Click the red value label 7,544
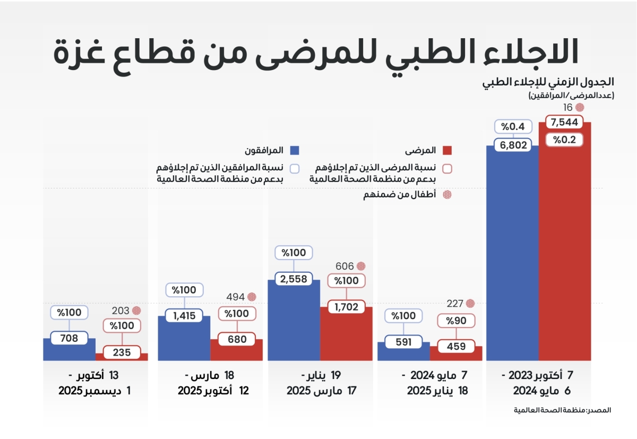[x=565, y=122]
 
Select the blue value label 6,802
[x=513, y=145]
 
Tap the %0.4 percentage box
[x=513, y=127]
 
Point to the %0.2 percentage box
[x=565, y=140]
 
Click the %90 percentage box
[x=456, y=321]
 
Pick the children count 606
[x=346, y=265]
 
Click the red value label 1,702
[x=347, y=306]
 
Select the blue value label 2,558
[x=294, y=279]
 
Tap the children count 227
[x=455, y=304]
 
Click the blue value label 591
[x=403, y=342]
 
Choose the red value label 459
[x=456, y=346]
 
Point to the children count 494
[x=236, y=297]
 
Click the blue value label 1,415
[x=184, y=316]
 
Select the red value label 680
[x=237, y=339]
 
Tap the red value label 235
[x=122, y=352]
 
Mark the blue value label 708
[x=70, y=337]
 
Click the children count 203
[x=120, y=311]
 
